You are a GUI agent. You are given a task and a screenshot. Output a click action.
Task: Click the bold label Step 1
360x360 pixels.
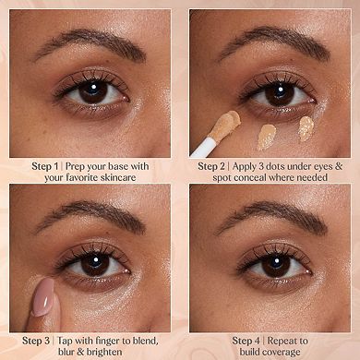click(46, 165)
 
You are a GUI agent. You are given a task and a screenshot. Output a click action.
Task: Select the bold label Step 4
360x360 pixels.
click(246, 340)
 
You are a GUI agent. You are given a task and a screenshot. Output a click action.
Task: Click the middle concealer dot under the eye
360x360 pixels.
click(267, 136)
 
